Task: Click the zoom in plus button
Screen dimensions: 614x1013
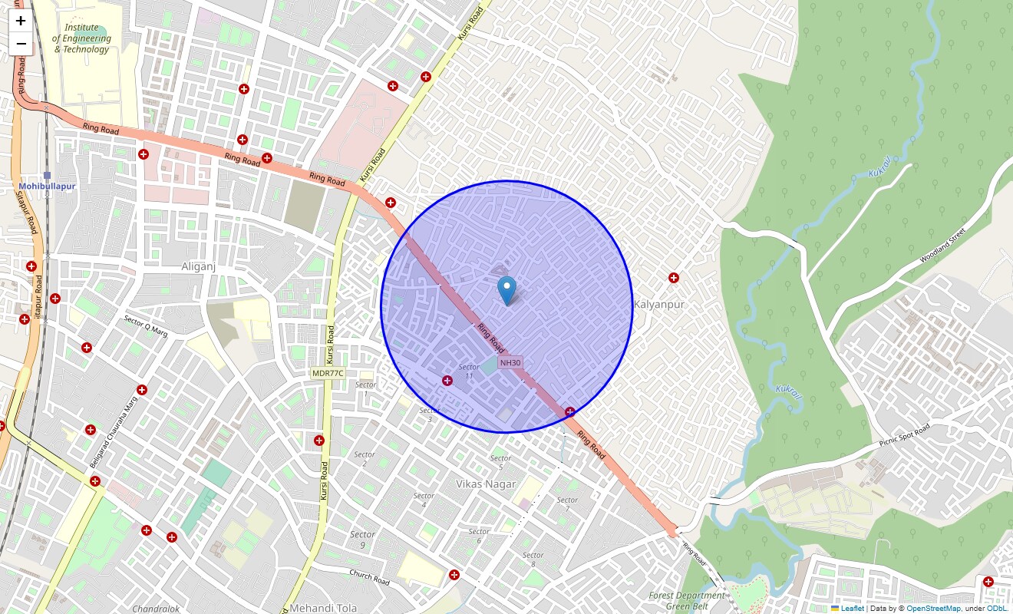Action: pos(21,21)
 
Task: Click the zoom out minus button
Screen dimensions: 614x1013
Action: pos(21,44)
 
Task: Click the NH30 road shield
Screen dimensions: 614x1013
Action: pos(510,363)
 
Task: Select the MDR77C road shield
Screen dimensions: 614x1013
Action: pos(328,373)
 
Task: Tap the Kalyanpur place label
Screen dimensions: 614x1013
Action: pos(659,305)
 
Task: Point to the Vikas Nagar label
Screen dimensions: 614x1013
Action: pos(486,484)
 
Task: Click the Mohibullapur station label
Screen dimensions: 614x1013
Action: pos(47,187)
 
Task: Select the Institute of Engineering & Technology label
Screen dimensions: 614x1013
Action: pos(82,38)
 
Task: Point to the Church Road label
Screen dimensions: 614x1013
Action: pos(370,577)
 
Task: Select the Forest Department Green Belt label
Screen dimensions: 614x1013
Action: pos(686,601)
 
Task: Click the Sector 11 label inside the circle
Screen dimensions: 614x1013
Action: pos(468,371)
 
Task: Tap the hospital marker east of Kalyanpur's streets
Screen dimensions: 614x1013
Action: pos(674,278)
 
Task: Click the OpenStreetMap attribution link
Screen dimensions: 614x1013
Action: pos(933,609)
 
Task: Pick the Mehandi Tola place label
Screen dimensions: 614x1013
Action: pos(323,609)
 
